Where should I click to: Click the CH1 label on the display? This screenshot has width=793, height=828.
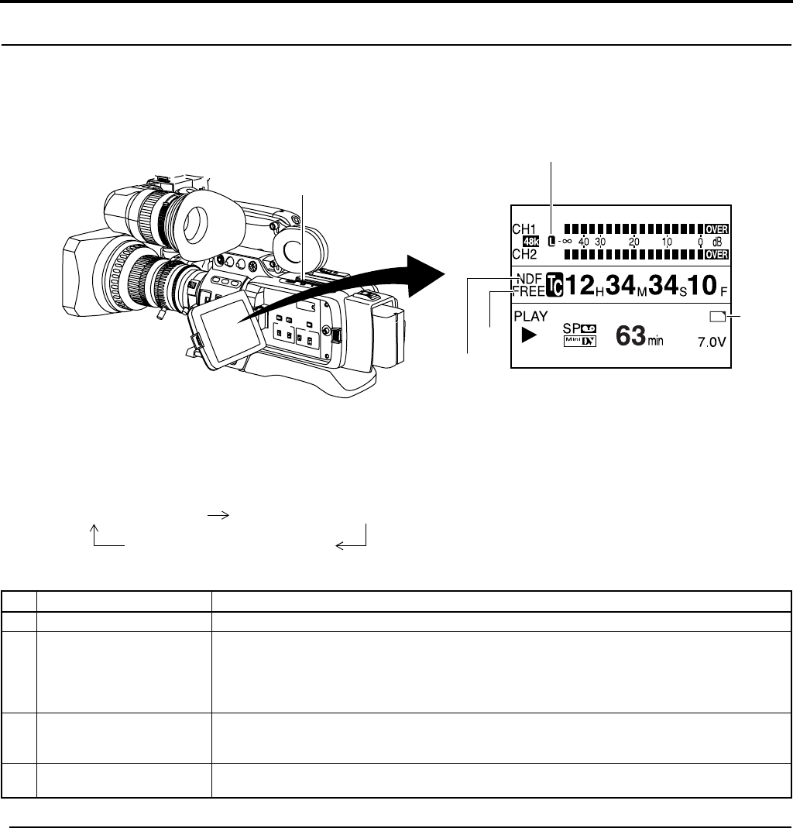pyautogui.click(x=524, y=229)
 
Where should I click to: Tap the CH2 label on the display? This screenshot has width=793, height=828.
pyautogui.click(x=524, y=254)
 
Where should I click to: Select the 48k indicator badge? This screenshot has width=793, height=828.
pyautogui.click(x=530, y=242)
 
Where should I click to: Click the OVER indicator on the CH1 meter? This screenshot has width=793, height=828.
pyautogui.click(x=717, y=229)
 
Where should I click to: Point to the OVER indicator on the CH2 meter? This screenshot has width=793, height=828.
pyautogui.click(x=717, y=255)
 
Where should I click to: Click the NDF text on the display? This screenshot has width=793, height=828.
pyautogui.click(x=530, y=279)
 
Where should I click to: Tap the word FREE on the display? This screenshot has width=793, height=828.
pyautogui.click(x=529, y=291)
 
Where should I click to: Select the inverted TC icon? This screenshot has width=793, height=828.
pyautogui.click(x=554, y=285)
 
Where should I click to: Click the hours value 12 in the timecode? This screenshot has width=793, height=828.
pyautogui.click(x=580, y=285)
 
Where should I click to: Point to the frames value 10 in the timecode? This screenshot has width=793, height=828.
pyautogui.click(x=702, y=285)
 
